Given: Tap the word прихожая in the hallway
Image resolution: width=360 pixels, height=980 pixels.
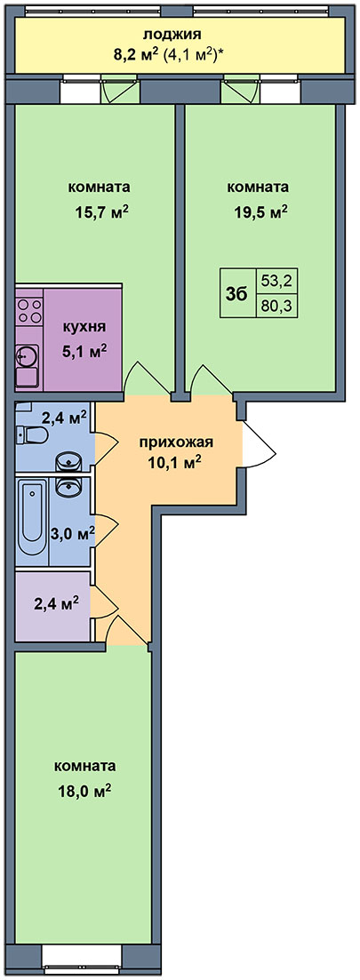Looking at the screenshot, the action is tap(176, 442).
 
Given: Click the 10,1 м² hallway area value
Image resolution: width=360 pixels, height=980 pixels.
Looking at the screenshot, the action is tap(176, 464).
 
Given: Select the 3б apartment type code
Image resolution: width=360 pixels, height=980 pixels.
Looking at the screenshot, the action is tap(237, 292).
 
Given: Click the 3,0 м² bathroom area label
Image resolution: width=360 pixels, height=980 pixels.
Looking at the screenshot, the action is tap(72, 533).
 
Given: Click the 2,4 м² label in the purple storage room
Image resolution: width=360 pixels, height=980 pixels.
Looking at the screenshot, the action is tap(56, 604).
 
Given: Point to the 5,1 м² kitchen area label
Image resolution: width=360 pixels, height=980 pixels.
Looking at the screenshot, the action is tap(85, 351).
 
